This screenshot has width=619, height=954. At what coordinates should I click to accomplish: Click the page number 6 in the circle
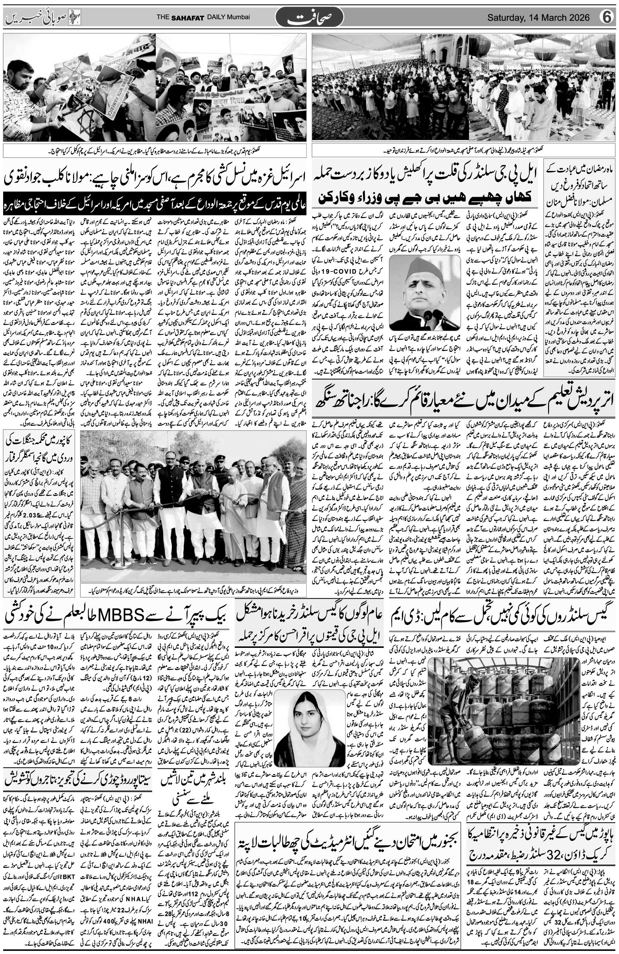point(607,17)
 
